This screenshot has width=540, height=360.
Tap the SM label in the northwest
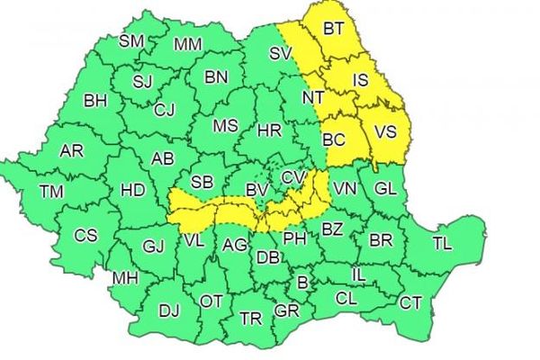click(132, 40)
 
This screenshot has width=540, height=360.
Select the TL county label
click(442, 243)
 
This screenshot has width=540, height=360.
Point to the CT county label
click(410, 303)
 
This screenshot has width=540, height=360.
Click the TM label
click(52, 190)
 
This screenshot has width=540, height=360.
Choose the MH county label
click(124, 277)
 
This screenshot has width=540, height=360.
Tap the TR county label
click(251, 319)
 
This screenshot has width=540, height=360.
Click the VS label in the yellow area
click(385, 131)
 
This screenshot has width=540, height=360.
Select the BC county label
click(334, 139)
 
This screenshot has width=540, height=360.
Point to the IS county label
click(361, 81)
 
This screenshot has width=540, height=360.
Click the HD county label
click(132, 190)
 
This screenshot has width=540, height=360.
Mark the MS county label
click(225, 125)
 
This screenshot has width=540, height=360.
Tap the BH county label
click(94, 100)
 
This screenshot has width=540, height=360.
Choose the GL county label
click(385, 188)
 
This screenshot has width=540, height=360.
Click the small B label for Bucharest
click(302, 284)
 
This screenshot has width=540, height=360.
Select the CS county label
click(85, 236)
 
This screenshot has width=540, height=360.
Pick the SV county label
click(282, 54)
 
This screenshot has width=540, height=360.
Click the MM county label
click(188, 44)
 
